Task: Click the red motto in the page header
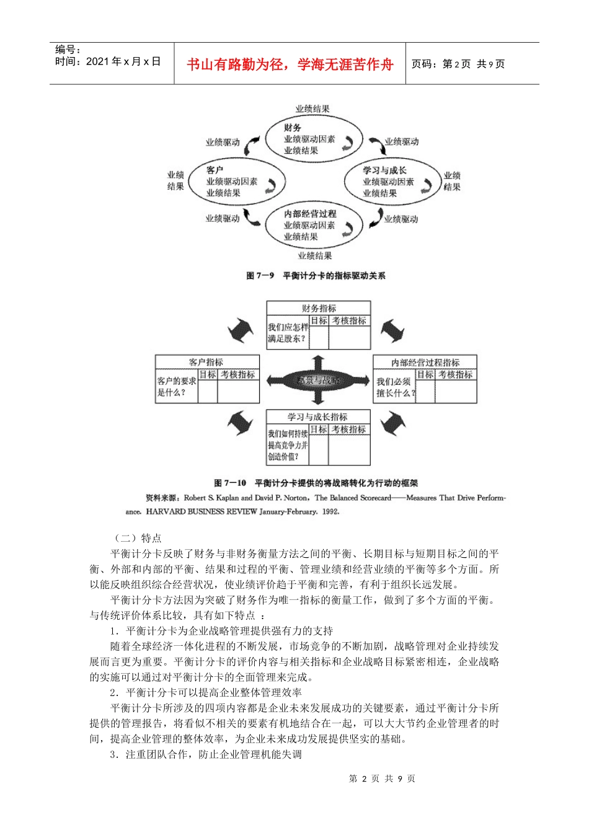(290, 64)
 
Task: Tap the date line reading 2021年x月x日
(108, 61)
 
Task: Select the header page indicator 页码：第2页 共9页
(458, 64)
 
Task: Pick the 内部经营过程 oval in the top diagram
(313, 225)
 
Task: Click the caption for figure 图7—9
(316, 276)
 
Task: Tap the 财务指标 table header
(319, 308)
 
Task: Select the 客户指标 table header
(206, 362)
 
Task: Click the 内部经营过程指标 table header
(425, 363)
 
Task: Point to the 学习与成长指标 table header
(317, 417)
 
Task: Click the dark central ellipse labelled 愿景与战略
(318, 381)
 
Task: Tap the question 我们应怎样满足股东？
(288, 333)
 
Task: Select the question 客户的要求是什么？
(177, 387)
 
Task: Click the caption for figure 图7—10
(316, 483)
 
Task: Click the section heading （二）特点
(136, 538)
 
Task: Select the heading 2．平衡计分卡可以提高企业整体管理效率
(206, 693)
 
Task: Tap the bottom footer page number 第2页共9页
(382, 779)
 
